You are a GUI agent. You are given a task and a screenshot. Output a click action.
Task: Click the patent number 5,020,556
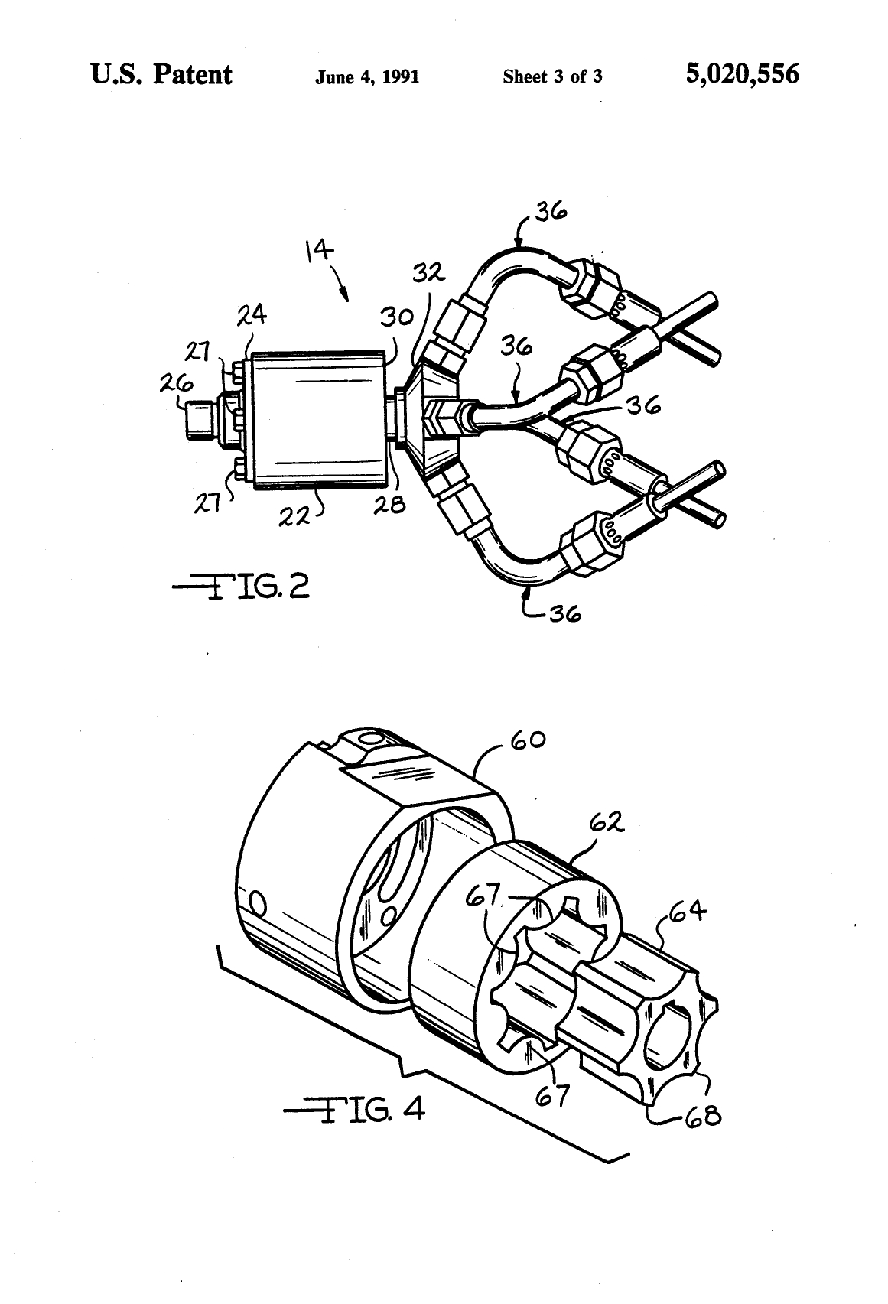pos(742,74)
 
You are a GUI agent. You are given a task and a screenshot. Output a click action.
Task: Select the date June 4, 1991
pos(367,76)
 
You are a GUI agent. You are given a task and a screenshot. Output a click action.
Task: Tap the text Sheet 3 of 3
pos(552,76)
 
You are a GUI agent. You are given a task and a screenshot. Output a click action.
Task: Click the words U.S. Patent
pos(161,74)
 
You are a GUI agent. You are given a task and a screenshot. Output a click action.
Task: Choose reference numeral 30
pos(396,317)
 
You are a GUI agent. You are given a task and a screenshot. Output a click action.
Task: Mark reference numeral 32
pos(430,272)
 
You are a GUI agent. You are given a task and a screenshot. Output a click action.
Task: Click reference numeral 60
pos(528,740)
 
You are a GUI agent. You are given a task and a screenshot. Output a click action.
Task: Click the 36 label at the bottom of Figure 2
pos(564,613)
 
